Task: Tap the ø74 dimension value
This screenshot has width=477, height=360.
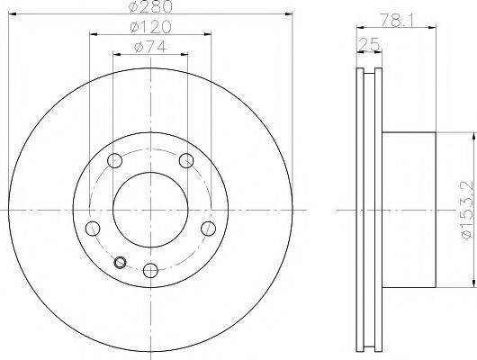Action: pos(148,49)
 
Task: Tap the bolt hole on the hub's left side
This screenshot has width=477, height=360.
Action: pos(91,228)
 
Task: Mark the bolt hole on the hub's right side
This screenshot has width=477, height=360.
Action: pos(208,228)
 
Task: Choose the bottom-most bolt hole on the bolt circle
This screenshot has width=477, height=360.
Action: pos(149,269)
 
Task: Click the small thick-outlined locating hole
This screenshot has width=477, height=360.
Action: pos(121,264)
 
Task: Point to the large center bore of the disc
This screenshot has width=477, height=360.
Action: pos(149,207)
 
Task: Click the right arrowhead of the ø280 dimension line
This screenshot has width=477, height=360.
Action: pos(292,13)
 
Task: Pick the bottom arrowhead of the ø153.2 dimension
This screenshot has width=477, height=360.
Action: pos(470,281)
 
